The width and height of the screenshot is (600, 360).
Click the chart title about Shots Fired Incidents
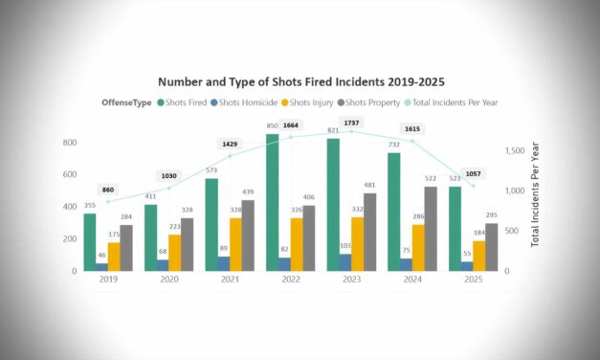click(x=301, y=82)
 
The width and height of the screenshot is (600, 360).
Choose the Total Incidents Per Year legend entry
click(x=451, y=102)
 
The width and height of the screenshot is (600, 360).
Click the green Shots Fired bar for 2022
click(x=272, y=203)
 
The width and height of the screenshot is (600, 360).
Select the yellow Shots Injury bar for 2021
click(x=235, y=244)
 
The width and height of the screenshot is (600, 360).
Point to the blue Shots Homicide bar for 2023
click(x=345, y=261)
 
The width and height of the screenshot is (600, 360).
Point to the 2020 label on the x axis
click(x=169, y=281)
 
